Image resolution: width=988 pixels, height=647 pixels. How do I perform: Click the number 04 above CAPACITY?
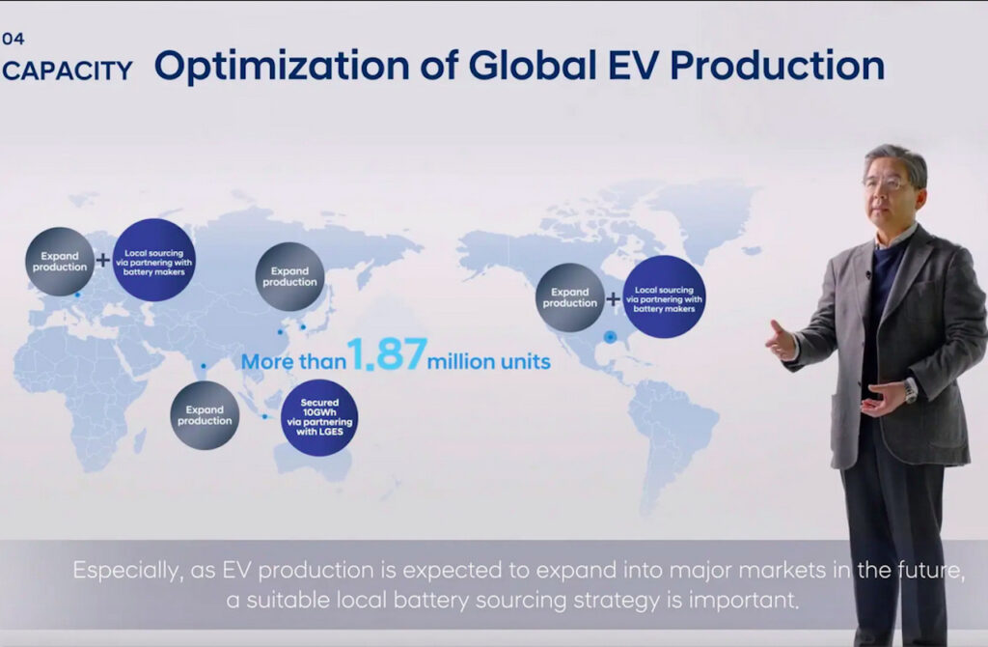pos(14,39)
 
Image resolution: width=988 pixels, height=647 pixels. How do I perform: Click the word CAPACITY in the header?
pos(68,70)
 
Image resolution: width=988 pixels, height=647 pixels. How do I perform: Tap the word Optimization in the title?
pos(283,67)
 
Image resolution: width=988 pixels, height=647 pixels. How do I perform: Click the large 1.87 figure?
pos(388,353)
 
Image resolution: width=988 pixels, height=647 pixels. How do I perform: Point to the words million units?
pos(489,361)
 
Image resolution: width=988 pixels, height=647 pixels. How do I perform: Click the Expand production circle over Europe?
pos(60,261)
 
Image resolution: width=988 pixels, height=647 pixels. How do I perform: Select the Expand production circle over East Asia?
pos(289,276)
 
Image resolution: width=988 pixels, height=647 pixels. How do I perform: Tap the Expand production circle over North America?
pos(569,297)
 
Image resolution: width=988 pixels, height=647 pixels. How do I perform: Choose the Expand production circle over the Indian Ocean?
pos(205,415)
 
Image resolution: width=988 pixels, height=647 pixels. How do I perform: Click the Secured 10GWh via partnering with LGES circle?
pos(319,417)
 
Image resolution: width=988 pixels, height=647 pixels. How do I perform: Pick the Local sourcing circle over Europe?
pos(153,260)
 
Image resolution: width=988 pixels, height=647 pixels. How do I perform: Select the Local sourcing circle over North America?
pos(664,297)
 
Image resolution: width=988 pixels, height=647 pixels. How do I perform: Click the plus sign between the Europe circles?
pos(102,259)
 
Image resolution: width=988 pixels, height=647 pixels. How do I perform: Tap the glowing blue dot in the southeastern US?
pos(610,337)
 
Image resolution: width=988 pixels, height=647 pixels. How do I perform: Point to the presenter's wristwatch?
pos(909,391)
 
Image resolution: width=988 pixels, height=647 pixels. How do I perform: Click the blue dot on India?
pos(204,366)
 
